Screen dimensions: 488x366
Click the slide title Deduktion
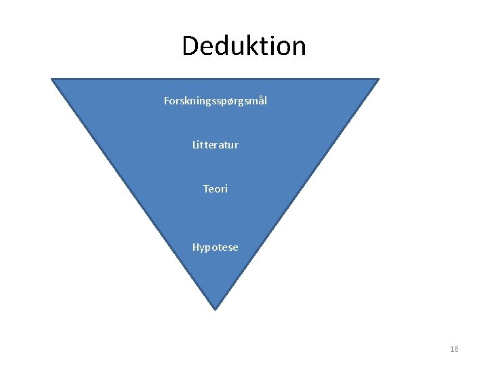pos(244,46)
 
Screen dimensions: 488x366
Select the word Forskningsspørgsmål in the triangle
pos(216,101)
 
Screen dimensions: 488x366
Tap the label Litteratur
pos(216,145)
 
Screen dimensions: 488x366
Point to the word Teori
pos(216,189)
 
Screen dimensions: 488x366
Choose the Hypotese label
pos(216,247)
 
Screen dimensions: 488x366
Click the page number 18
pos(454,349)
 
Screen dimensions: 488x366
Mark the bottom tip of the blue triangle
pos(215,308)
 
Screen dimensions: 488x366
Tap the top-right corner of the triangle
pos(378,79)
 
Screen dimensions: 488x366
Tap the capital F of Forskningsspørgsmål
pos(167,101)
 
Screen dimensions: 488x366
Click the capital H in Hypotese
pos(196,247)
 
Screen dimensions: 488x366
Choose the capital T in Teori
pos(206,189)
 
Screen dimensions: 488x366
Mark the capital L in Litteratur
pos(195,145)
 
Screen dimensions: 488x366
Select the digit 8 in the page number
pos(456,349)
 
